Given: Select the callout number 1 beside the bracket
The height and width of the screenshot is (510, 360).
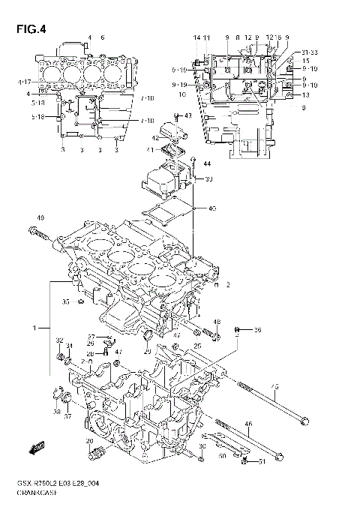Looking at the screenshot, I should point(34,328).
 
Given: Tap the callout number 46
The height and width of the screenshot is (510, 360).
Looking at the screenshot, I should point(248,425).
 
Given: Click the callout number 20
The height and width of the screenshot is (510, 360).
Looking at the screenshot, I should point(89,440).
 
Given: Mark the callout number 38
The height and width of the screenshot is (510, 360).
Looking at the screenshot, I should point(57,412).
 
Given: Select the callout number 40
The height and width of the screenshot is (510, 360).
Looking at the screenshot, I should point(212,208).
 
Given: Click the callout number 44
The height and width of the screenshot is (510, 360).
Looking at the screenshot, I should point(207,163).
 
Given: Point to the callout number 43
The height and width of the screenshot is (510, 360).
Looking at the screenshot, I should point(187,116).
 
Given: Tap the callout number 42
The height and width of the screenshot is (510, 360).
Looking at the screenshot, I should point(154,138).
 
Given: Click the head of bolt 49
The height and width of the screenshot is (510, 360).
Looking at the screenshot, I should point(35,230).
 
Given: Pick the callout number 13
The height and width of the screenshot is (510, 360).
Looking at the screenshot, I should point(306,94).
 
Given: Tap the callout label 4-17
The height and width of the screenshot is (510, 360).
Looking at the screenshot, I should point(23,81).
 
